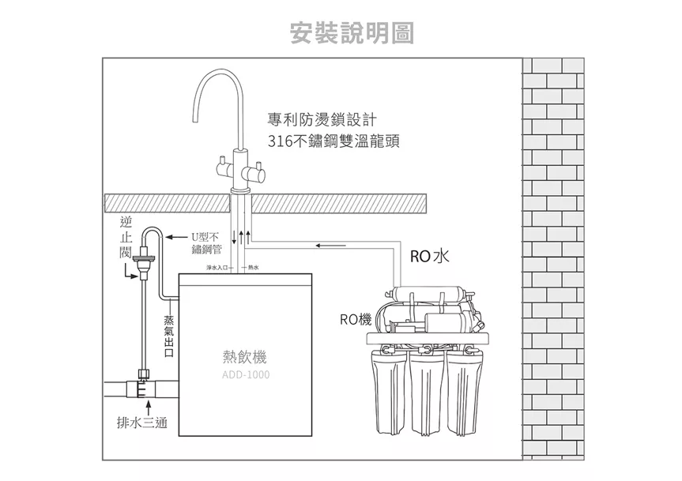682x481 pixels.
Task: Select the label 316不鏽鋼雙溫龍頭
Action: tap(333, 142)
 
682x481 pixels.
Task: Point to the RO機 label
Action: tap(356, 319)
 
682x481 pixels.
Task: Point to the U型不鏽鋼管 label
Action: tap(205, 242)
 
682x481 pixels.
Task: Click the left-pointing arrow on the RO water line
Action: tap(324, 245)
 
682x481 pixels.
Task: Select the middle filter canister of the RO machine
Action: tap(425, 395)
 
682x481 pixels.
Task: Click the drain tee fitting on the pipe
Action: tap(143, 386)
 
